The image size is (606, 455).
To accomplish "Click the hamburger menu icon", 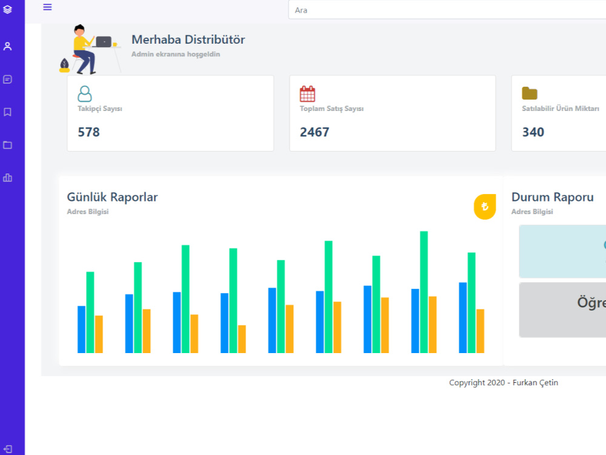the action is pos(47,7).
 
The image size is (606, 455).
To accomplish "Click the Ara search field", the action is pos(447,10).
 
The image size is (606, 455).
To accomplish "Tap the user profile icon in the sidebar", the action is pos(7,47).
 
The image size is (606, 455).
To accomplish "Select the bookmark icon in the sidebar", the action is pos(7,112).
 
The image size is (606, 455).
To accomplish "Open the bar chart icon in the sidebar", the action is pos(7,178).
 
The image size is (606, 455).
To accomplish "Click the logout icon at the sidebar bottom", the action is pos(8,449).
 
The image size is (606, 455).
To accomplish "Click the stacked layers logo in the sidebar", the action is pos(7,9).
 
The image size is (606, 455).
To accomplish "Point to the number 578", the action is pos(88,132).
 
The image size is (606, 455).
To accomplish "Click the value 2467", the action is pos(314,132).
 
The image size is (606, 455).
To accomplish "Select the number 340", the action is pos(533,132).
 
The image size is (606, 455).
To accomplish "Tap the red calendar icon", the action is pos(307,93).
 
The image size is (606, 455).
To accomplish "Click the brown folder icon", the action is pos(530,93).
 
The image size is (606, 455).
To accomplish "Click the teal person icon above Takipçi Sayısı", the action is pos(85,93).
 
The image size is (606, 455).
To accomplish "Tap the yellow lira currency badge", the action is pos(485,207).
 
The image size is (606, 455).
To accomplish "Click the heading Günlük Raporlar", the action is pos(112,197).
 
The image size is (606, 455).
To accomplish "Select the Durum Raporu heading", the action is pos(552,197).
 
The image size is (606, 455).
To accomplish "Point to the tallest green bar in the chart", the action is pos(424,292).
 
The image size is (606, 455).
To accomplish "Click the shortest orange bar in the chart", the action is pos(242,339).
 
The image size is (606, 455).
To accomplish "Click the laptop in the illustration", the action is pos(104,41).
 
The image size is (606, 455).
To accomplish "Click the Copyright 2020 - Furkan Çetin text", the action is pos(503,383).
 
